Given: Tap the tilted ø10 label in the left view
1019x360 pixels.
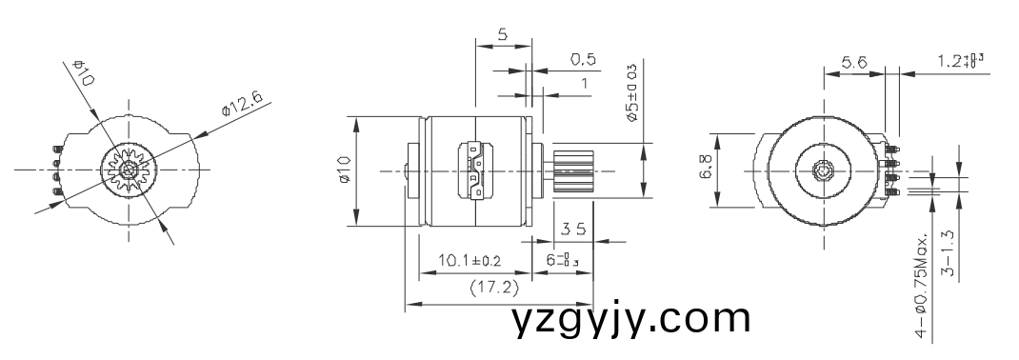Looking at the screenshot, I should (85, 73).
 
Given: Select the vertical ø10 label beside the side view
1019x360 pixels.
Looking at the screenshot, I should (345, 171).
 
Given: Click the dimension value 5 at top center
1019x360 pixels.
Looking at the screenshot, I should (503, 34).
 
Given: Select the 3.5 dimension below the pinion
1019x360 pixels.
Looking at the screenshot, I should (572, 229).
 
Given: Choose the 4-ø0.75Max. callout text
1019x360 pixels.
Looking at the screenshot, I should (921, 285).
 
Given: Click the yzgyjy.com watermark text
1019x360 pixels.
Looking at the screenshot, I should (630, 318).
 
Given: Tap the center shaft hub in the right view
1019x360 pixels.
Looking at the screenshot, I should (824, 171).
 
